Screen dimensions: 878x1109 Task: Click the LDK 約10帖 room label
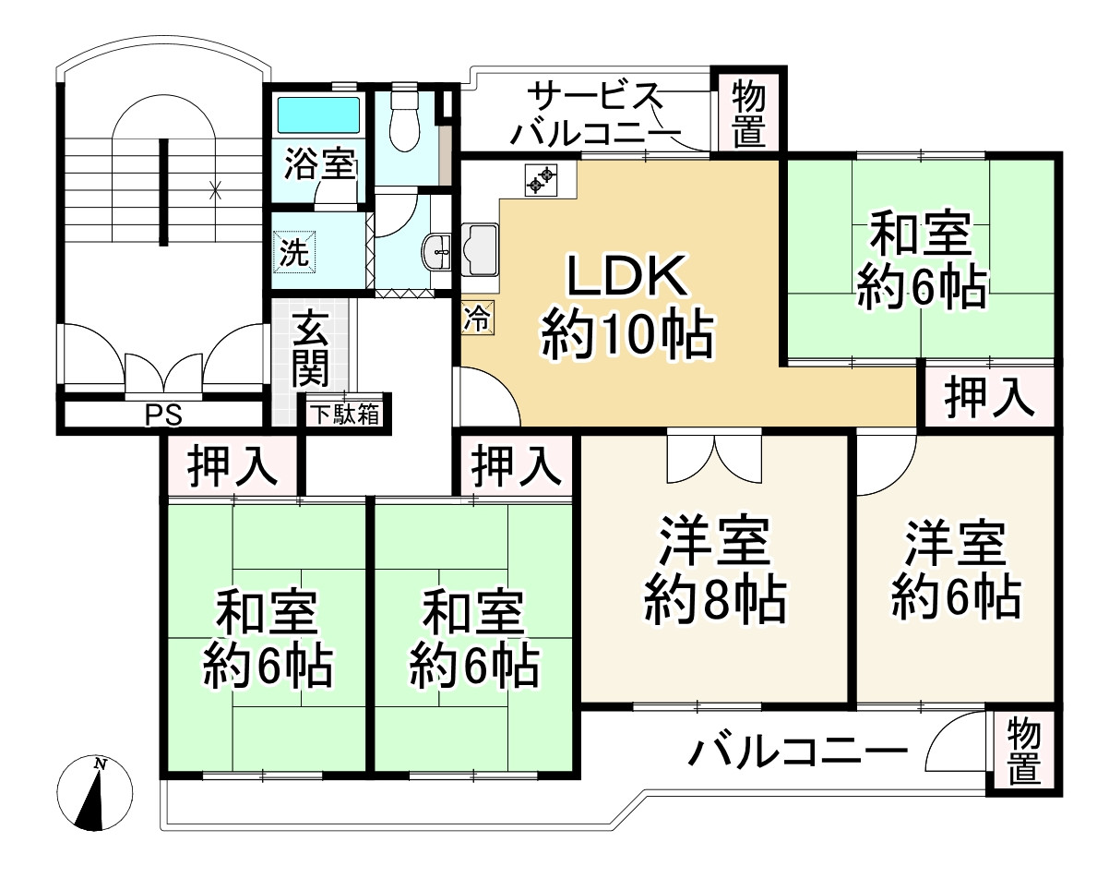[627, 305]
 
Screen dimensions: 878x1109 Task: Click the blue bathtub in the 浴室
[316, 115]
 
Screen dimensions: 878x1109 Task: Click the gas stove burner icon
[541, 179]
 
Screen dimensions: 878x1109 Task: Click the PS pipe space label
[162, 416]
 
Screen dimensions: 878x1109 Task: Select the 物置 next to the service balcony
[749, 112]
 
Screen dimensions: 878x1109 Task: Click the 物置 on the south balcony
[1023, 752]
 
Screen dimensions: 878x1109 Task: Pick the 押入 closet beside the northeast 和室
[988, 397]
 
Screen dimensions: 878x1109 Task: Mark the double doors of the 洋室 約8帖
[715, 458]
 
